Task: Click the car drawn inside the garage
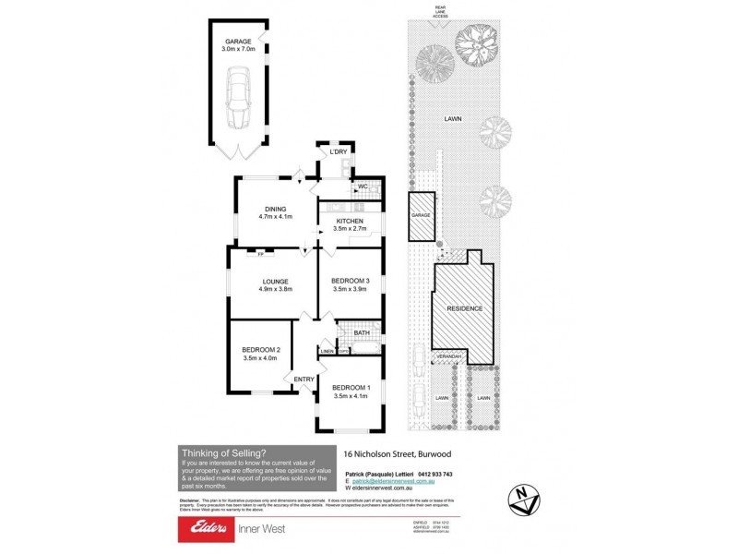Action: [239, 96]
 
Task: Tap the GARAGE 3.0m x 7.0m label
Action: [239, 45]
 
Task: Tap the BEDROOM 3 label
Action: [351, 284]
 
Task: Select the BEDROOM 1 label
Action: [351, 391]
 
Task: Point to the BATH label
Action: [349, 333]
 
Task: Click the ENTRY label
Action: [304, 379]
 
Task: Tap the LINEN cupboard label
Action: [327, 351]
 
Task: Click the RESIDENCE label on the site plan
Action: [465, 308]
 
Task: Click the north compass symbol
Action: [523, 496]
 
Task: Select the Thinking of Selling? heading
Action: [223, 452]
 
